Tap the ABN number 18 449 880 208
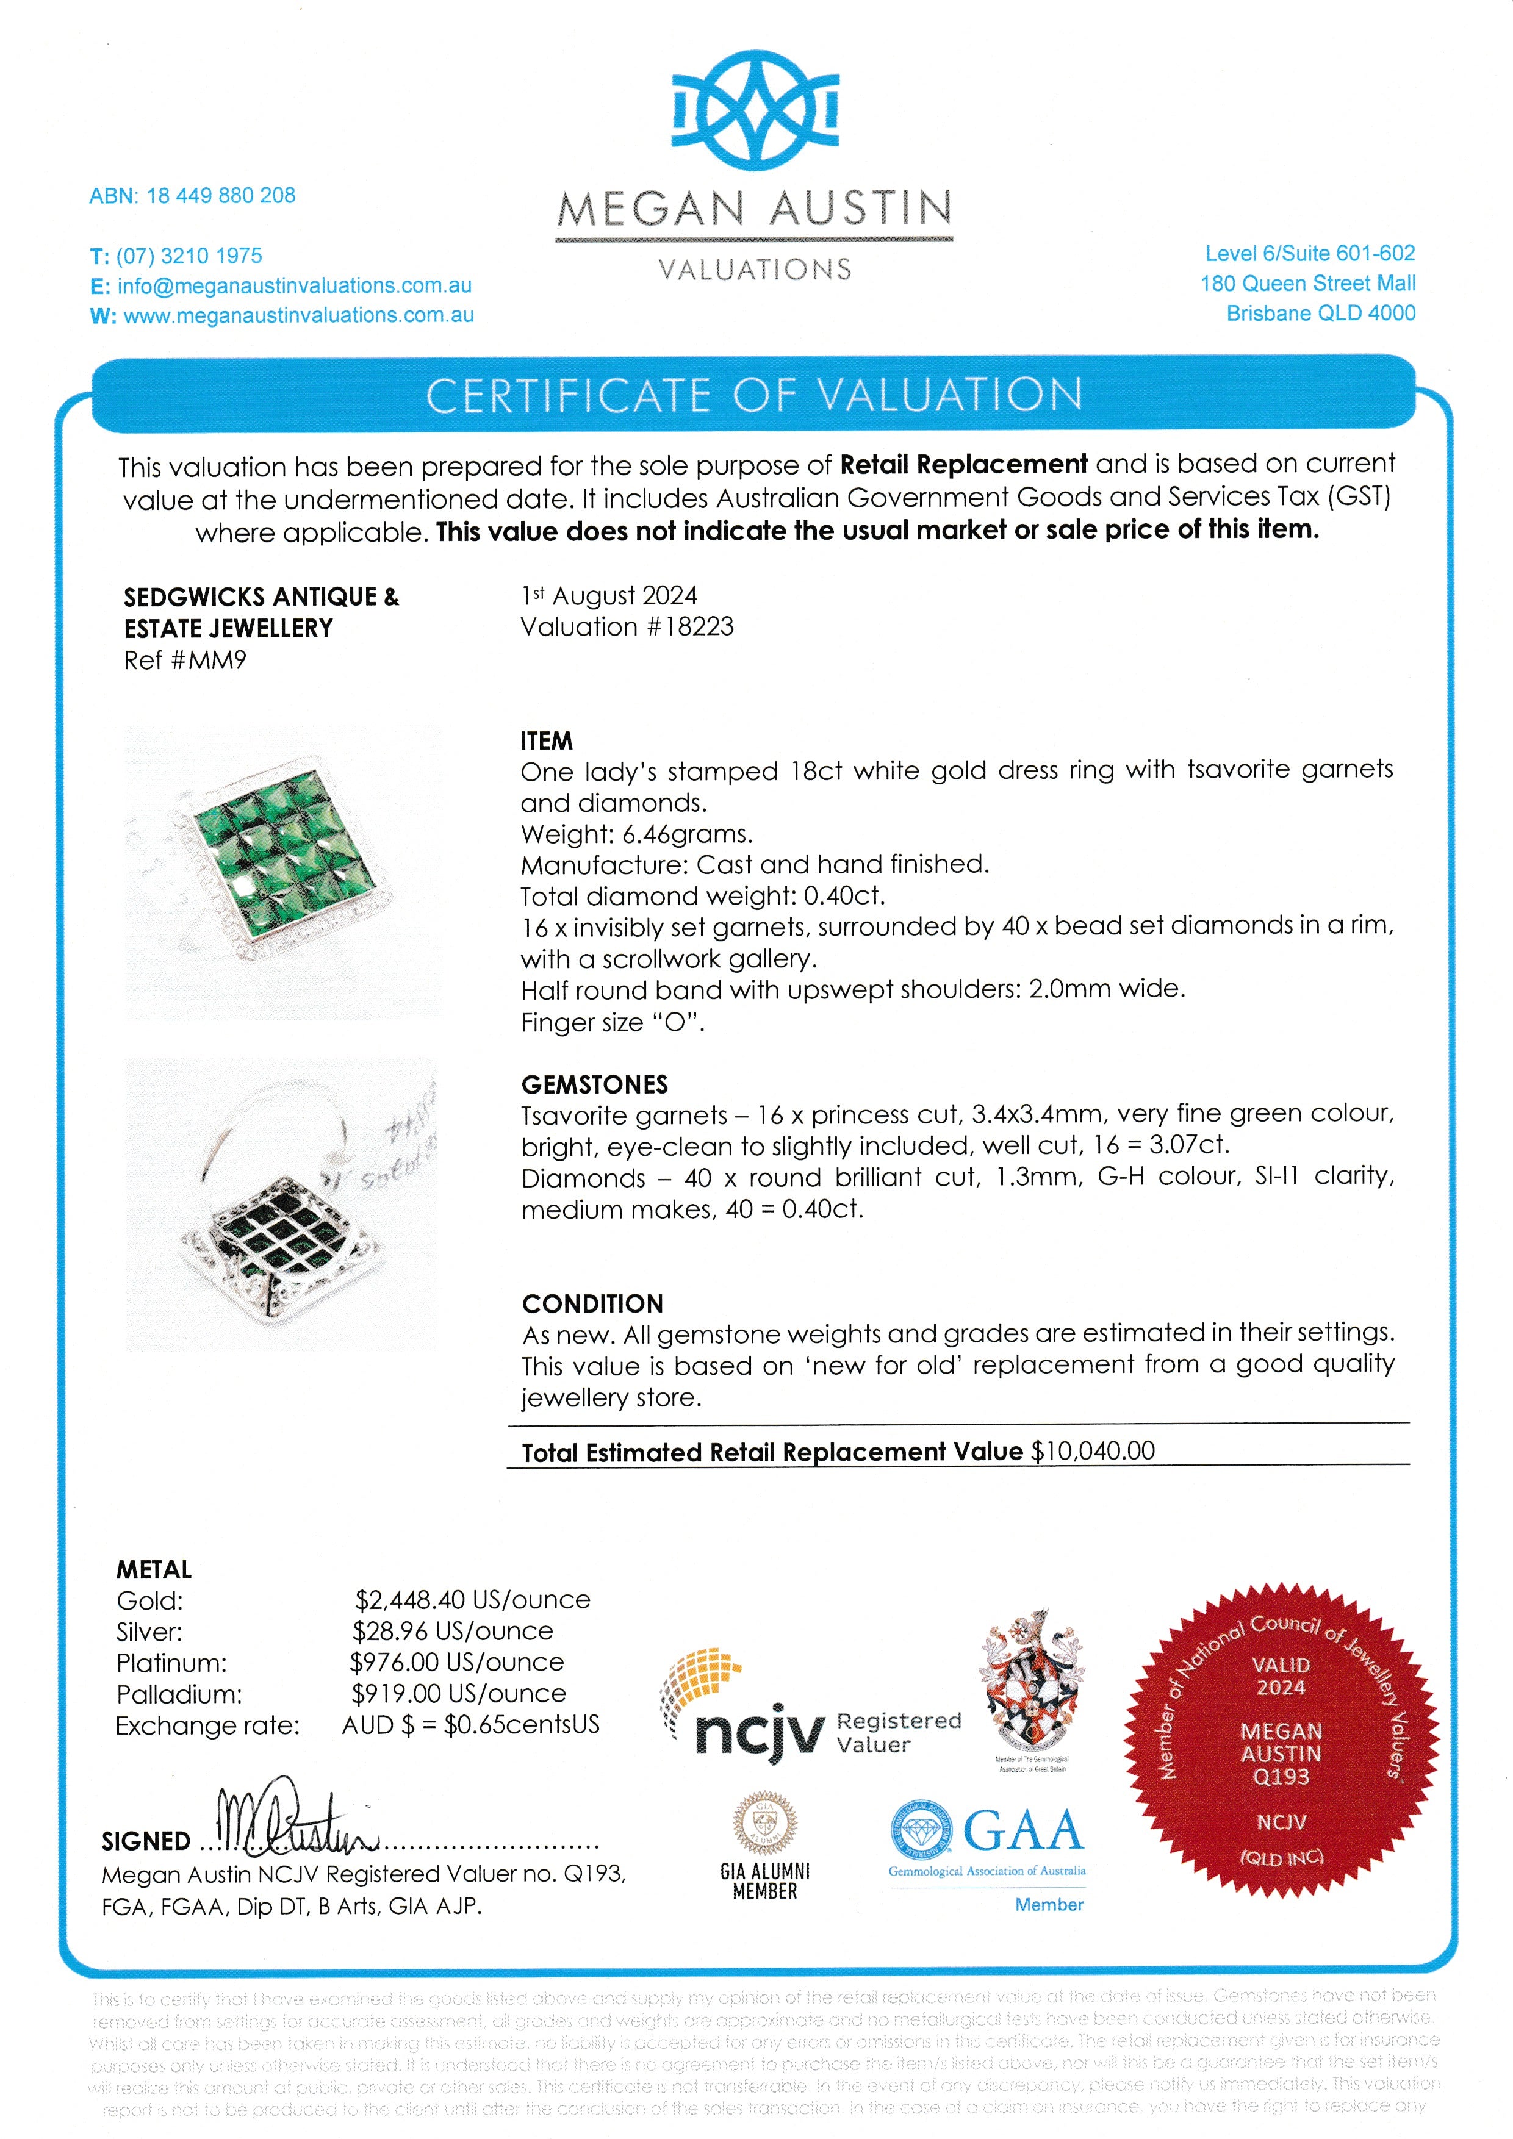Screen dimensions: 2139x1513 [x=220, y=196]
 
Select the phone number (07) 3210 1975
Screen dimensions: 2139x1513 [x=189, y=256]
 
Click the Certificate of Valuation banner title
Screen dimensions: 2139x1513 [x=755, y=395]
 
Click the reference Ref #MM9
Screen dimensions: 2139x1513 [x=185, y=661]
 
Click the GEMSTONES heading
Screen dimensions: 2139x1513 [x=594, y=1084]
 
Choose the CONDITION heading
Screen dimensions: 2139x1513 [x=592, y=1303]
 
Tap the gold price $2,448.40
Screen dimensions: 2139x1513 [x=411, y=1600]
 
